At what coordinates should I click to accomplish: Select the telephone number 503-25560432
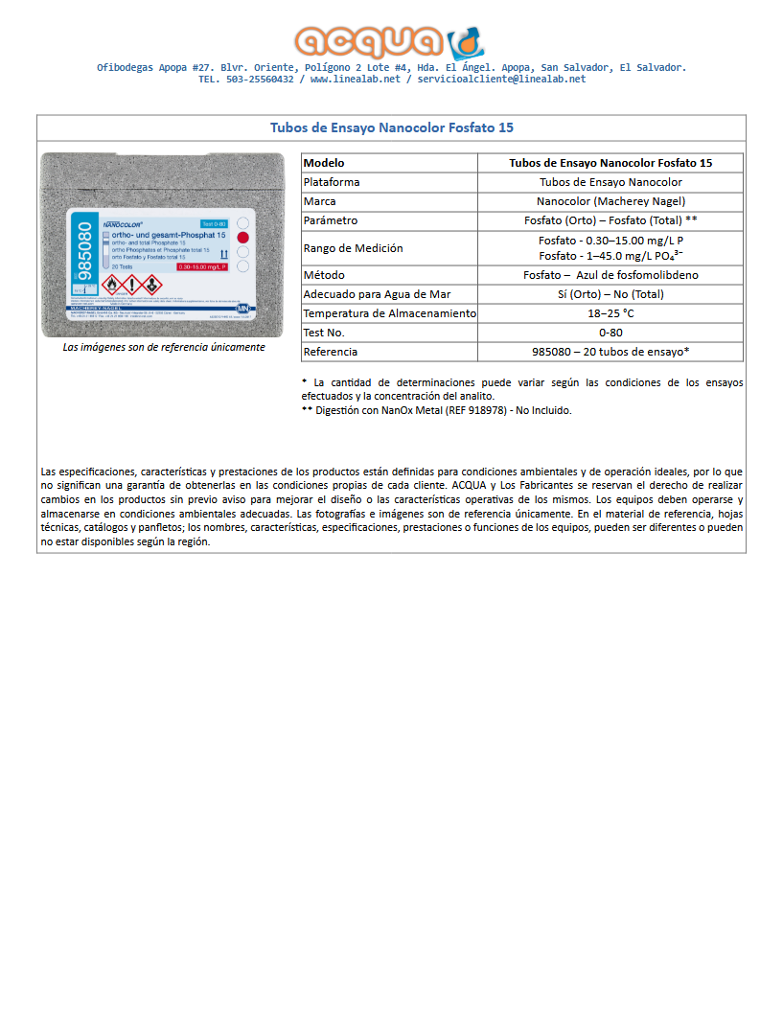coord(260,80)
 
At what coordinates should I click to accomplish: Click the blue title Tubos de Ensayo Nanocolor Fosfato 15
coord(391,127)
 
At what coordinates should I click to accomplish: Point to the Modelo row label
coord(324,163)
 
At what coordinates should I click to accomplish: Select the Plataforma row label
coord(332,182)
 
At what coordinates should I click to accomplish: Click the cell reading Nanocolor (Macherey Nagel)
coord(610,201)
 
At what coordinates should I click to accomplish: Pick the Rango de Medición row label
coord(353,248)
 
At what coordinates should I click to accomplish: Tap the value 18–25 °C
coord(610,313)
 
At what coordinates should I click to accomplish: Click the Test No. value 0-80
coord(610,333)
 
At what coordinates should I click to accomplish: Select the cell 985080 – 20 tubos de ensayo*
coord(610,352)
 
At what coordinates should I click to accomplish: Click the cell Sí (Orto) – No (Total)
coord(610,294)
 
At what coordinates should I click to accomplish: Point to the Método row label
coord(324,275)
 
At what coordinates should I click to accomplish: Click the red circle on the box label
coord(242,238)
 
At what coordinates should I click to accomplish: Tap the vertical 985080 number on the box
coord(82,251)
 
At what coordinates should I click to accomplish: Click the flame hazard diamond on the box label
coord(111,284)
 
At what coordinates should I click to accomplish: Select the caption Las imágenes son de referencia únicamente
coord(163,347)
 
